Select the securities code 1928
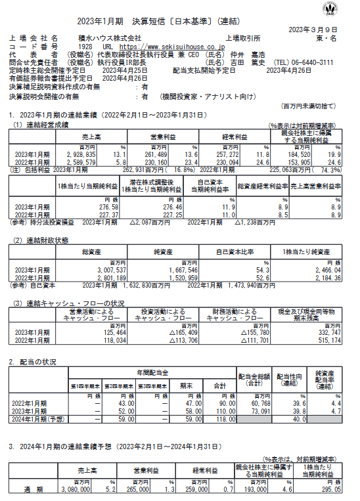pos(85,47)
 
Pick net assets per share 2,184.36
pos(325,277)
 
